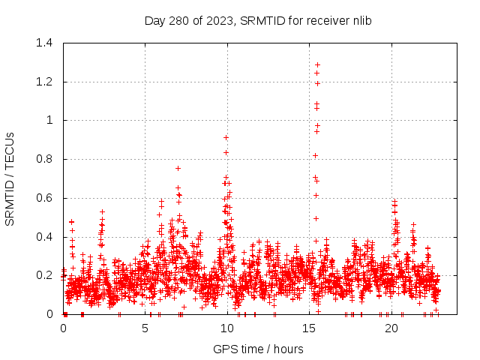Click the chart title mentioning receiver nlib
click(258, 20)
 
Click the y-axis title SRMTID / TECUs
click(10, 178)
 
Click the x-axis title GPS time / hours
click(258, 349)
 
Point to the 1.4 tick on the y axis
click(46, 43)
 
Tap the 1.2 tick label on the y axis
click(46, 82)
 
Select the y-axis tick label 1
click(52, 120)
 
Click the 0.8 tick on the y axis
click(46, 159)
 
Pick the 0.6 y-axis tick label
click(46, 198)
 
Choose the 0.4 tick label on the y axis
click(46, 237)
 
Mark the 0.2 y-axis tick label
click(46, 275)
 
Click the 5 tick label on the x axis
click(145, 328)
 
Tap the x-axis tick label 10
click(227, 328)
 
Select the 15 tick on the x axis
click(310, 328)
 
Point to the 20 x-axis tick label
click(391, 328)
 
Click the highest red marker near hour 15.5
click(317, 64)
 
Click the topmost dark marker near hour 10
click(226, 137)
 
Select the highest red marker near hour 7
click(178, 168)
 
